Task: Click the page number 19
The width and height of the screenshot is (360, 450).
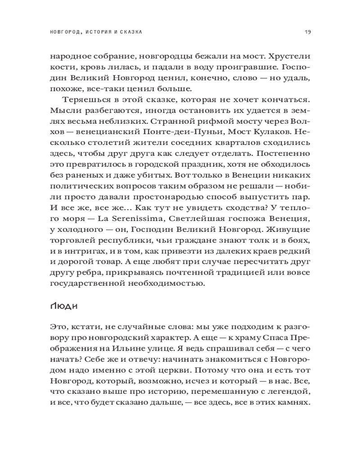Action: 308,32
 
